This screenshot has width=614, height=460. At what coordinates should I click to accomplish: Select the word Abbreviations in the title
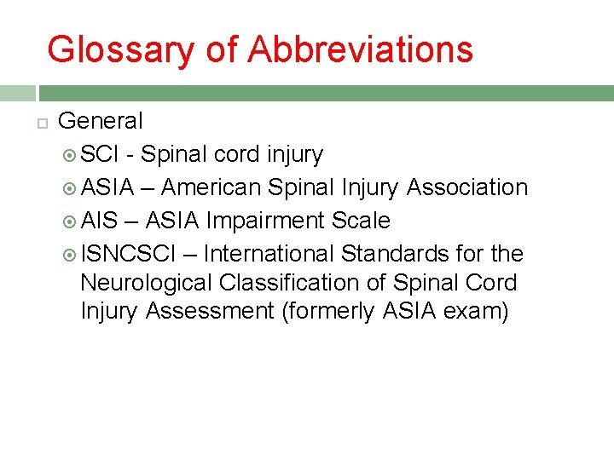[360, 49]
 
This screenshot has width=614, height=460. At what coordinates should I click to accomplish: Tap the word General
[101, 121]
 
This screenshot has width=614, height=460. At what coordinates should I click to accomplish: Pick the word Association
[467, 187]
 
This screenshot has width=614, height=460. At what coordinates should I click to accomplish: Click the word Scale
[361, 221]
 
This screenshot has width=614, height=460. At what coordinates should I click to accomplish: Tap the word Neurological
[147, 283]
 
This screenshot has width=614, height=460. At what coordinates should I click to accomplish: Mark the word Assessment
[210, 312]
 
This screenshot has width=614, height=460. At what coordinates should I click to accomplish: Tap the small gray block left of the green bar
[17, 93]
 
